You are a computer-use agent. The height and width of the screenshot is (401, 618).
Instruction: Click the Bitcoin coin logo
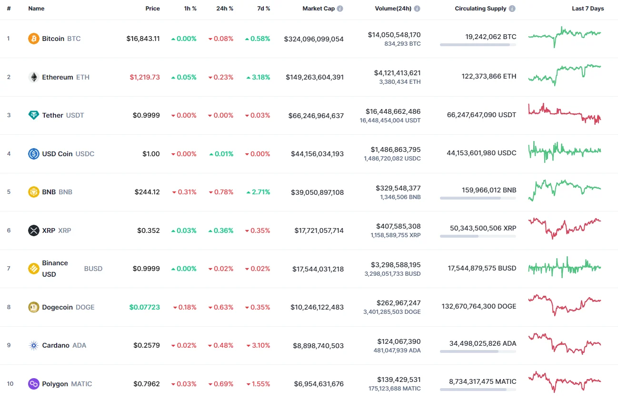(x=33, y=39)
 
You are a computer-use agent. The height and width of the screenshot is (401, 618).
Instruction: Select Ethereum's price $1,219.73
(x=145, y=77)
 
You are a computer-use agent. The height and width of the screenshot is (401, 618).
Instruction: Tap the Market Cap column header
(x=319, y=9)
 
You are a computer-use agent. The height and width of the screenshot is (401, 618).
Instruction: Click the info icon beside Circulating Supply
(x=512, y=9)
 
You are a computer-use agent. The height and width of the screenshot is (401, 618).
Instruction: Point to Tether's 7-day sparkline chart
(x=564, y=114)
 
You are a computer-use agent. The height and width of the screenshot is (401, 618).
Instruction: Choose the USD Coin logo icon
(x=33, y=154)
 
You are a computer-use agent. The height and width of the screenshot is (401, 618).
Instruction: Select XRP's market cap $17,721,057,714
(x=319, y=231)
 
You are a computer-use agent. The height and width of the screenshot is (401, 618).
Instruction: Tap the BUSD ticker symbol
(x=93, y=269)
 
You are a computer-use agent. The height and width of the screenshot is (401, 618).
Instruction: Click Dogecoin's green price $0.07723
(x=145, y=307)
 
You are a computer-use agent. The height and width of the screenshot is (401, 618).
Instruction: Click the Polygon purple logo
(x=33, y=384)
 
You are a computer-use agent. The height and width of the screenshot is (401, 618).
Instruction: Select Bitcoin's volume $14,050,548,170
(x=394, y=35)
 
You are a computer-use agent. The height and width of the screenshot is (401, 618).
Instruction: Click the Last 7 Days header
(x=588, y=9)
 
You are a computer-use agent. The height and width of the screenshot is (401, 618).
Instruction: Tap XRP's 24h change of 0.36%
(x=221, y=231)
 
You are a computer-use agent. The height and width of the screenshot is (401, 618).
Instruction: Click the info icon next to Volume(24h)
(x=417, y=9)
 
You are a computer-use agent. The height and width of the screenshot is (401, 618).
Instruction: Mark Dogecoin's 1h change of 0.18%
(x=184, y=307)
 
